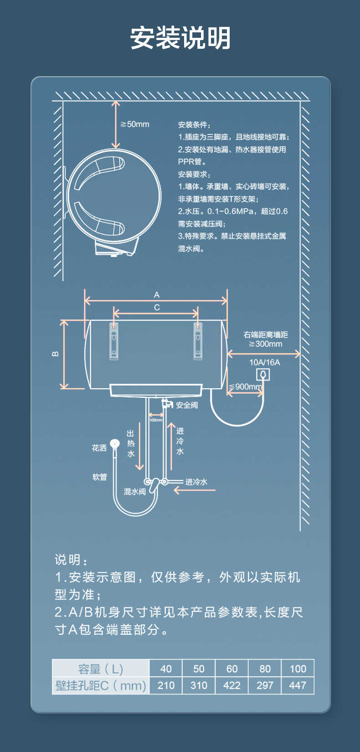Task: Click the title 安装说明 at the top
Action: point(180,38)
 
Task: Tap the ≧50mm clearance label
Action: point(135,124)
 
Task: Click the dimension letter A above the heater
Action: point(157,295)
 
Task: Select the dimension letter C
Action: point(157,308)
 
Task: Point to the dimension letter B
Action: point(55,354)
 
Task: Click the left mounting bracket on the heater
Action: point(113,341)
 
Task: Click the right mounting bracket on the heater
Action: point(198,341)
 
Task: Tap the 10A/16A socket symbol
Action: point(263,375)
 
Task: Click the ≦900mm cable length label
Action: point(246,387)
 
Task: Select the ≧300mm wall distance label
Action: point(266,344)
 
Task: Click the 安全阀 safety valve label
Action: point(187,405)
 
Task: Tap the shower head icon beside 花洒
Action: point(115,443)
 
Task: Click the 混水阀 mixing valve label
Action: point(135,492)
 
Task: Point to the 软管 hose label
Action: point(100,477)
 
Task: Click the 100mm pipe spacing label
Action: point(156,420)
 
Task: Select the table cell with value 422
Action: point(231,685)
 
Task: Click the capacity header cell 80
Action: point(265,669)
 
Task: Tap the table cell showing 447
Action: point(298,685)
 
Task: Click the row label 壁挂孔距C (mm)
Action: point(101,685)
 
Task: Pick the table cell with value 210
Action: point(166,685)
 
